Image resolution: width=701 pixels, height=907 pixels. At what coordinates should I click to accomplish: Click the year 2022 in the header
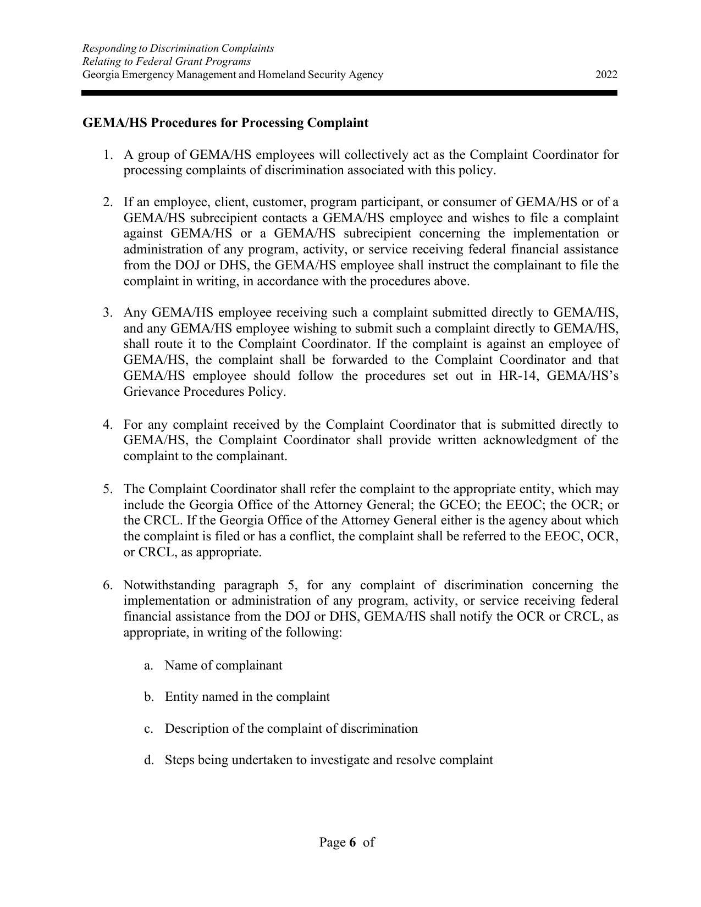pos(606,75)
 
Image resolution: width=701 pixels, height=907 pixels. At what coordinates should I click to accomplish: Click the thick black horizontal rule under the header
pos(349,93)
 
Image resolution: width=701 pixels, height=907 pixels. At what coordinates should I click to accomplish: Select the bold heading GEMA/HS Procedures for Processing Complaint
pos(225,123)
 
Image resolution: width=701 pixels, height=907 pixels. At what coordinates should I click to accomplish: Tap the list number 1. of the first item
pos(108,154)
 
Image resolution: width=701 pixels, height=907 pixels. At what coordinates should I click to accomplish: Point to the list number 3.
pos(108,313)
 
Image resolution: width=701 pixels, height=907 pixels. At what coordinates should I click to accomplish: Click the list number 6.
pos(108,585)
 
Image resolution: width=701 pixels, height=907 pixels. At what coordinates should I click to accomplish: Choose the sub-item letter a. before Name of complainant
pos(148,666)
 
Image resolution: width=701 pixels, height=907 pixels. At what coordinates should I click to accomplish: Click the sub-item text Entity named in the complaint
pos(247,697)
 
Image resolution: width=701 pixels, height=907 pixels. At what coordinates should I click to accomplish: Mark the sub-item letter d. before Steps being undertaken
pos(148,760)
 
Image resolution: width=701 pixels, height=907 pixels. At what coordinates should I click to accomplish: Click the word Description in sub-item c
pos(195,729)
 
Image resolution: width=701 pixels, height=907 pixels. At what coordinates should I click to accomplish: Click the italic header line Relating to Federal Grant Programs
pos(166,62)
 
